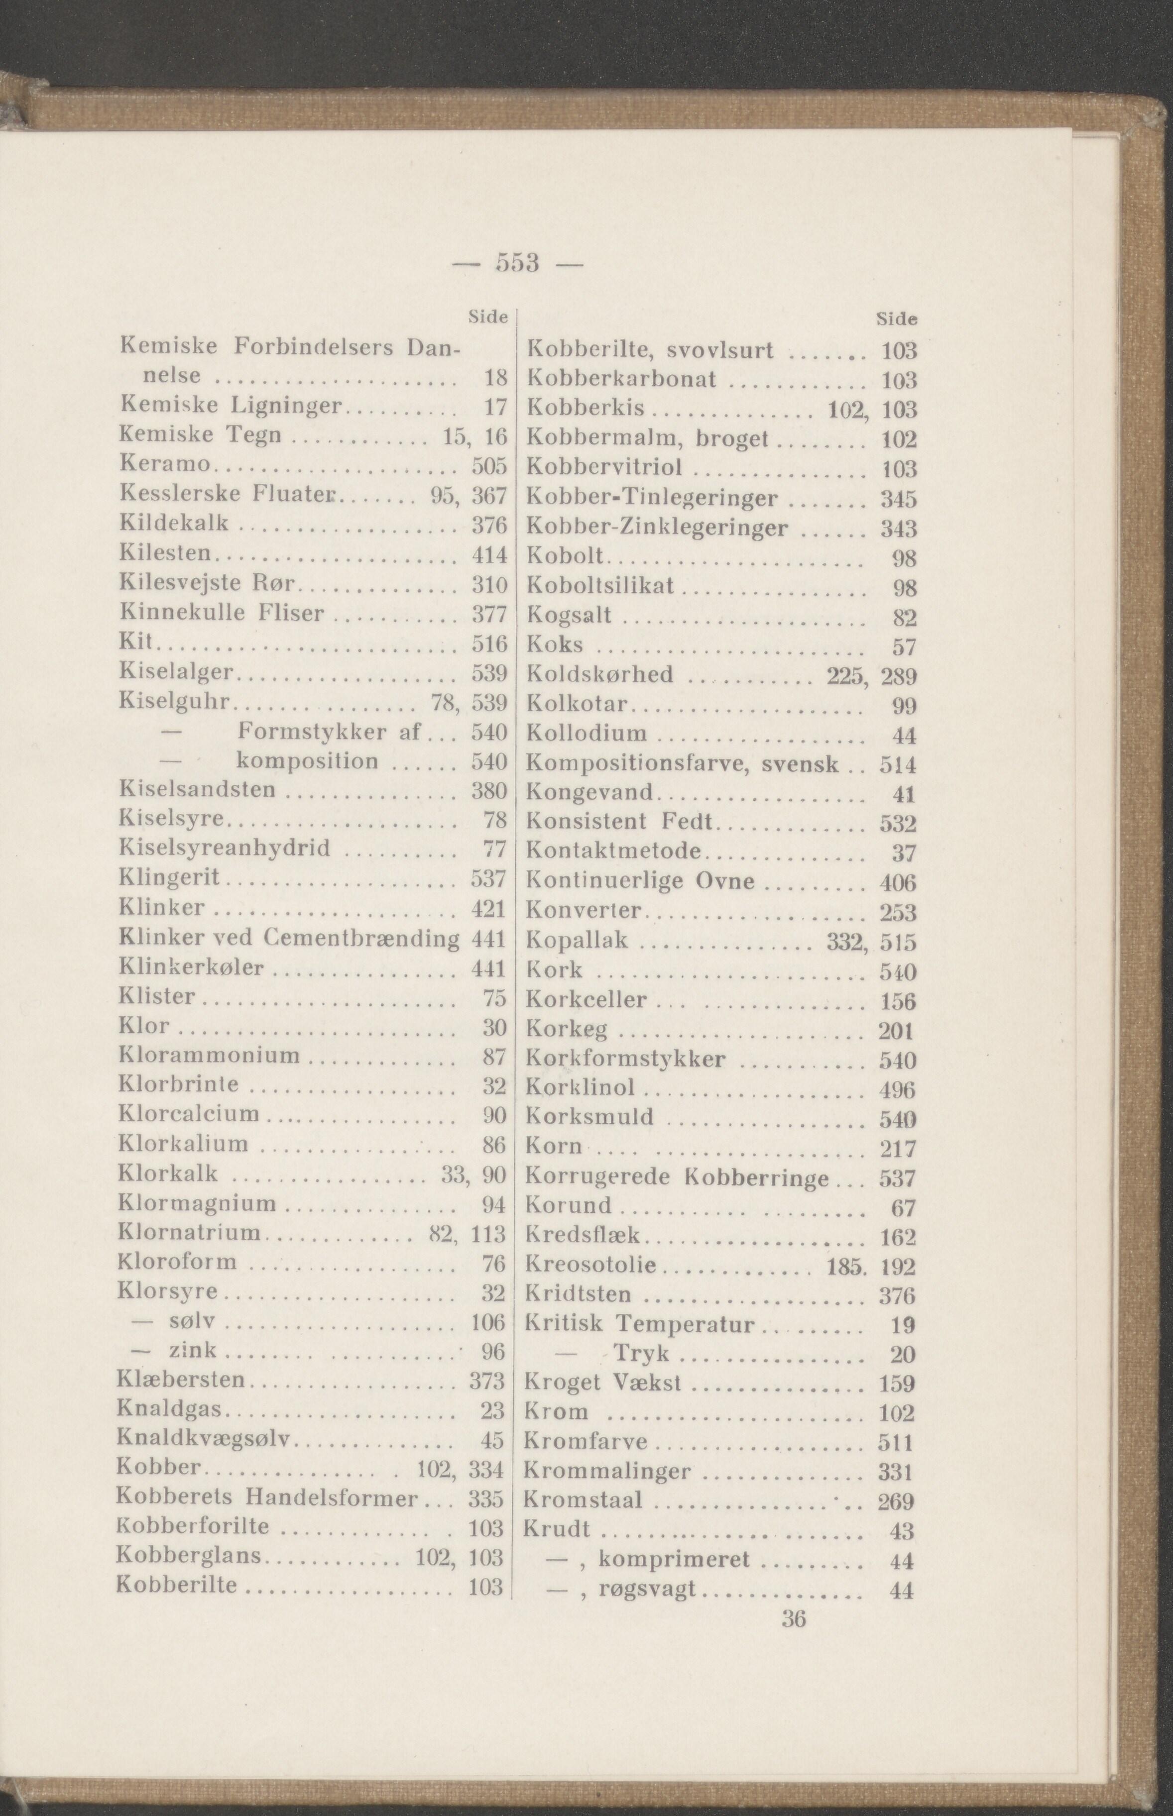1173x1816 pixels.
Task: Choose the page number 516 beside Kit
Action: [489, 643]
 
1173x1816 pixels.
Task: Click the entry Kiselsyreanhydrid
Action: [225, 848]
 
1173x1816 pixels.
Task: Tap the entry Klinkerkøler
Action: [192, 967]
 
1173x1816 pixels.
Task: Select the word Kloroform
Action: [177, 1263]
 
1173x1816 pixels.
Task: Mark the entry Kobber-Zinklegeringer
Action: [657, 527]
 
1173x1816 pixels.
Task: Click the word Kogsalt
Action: [569, 615]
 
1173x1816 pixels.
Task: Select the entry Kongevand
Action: [590, 793]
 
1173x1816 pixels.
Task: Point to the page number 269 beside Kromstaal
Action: [896, 1501]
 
